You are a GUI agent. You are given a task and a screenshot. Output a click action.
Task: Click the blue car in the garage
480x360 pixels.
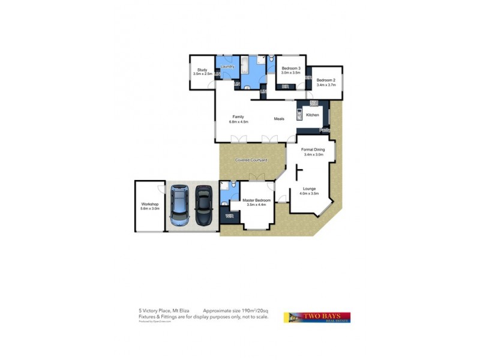179,205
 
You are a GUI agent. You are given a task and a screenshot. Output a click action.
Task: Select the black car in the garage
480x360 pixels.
203,205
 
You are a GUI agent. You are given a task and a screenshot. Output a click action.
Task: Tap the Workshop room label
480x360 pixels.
150,204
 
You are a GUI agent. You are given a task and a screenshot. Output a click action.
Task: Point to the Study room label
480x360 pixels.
202,71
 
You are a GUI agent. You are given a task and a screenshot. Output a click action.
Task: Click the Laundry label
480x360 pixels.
227,66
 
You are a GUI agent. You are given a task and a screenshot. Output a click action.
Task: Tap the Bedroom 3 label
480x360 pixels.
290,68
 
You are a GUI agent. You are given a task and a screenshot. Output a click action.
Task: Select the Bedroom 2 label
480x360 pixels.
326,80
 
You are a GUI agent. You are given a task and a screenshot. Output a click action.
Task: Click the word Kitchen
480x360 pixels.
313,114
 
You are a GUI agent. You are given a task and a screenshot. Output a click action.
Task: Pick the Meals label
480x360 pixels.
279,119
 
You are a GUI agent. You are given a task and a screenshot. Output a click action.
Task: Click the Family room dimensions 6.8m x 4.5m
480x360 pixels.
238,122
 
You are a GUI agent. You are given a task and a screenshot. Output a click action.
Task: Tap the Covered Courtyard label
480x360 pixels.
251,161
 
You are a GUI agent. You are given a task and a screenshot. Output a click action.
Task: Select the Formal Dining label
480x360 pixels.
313,149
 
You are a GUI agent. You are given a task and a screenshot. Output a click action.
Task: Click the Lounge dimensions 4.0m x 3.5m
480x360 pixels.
310,194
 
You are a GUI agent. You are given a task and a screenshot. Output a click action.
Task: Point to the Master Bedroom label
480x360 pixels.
256,200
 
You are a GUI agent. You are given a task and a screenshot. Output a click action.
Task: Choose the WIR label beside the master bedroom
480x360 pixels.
228,215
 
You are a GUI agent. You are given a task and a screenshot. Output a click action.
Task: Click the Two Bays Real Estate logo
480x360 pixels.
317,317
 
